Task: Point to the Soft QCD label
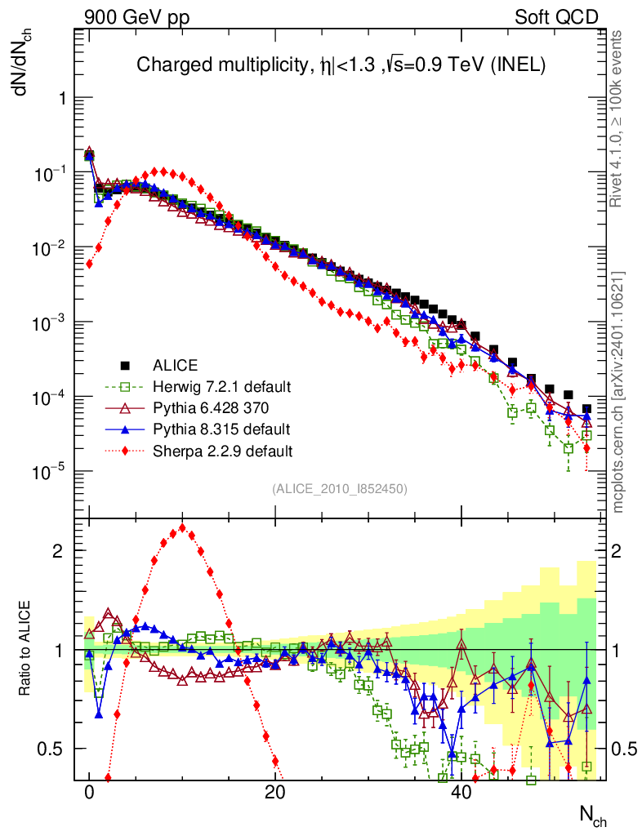pos(556,17)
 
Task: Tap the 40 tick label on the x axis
pos(461,793)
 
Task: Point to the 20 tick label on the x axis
pos(275,793)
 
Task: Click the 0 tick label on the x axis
pos(90,793)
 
